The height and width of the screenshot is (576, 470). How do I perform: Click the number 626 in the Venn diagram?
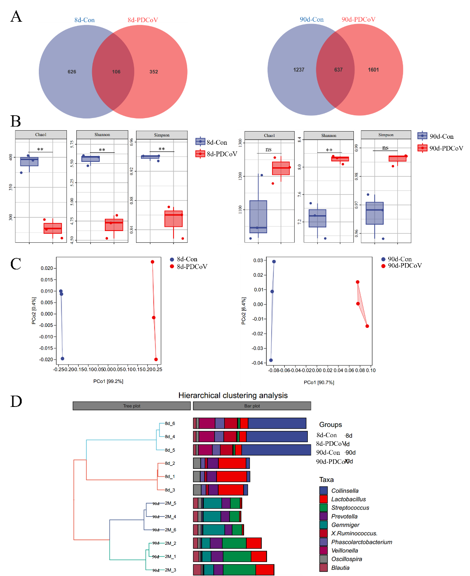point(72,72)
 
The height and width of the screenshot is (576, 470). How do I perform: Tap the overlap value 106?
point(116,72)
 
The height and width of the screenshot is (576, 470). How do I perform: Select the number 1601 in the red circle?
point(373,70)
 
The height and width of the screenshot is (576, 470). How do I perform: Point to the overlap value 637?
point(338,70)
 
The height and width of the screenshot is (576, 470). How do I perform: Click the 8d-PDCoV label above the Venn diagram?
point(143,20)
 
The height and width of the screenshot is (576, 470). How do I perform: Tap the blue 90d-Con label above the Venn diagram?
point(311,19)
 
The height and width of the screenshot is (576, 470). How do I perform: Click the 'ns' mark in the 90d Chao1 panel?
point(268,150)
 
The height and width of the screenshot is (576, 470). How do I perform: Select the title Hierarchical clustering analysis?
point(233,396)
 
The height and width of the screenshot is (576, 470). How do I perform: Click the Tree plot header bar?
point(132,406)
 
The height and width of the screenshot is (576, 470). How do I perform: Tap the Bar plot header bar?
point(252,406)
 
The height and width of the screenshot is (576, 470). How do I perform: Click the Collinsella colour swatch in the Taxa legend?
point(323,491)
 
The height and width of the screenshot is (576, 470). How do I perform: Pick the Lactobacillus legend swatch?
point(323,499)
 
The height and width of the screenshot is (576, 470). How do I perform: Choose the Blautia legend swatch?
point(323,568)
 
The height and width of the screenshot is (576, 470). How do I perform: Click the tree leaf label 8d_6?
point(170,424)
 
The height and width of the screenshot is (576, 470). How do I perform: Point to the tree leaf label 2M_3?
point(170,570)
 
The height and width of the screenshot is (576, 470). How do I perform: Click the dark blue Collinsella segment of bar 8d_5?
point(276,450)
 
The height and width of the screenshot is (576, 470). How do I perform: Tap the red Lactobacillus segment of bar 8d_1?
point(231,477)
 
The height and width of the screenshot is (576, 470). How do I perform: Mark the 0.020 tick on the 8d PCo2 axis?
point(47,269)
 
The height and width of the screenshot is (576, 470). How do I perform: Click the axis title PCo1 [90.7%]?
point(319,382)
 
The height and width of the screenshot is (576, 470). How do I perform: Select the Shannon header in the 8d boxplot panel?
point(102,135)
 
